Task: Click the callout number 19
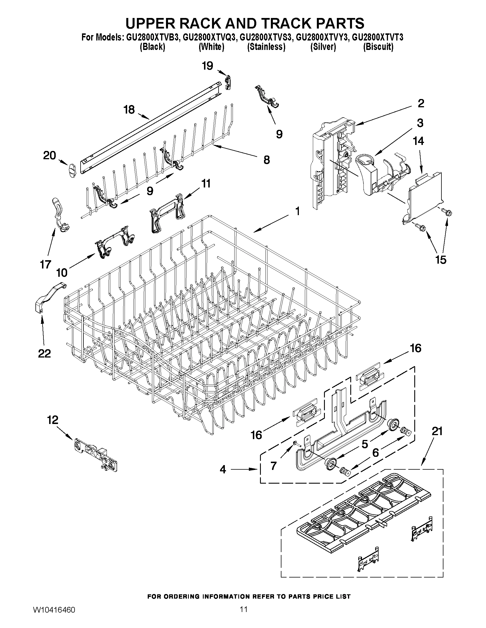(x=207, y=66)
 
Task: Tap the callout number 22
(x=44, y=354)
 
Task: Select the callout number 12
(x=53, y=420)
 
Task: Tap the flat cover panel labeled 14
(x=425, y=195)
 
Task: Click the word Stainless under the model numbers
(x=266, y=47)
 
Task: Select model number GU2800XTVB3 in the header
(x=152, y=37)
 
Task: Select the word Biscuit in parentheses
(x=378, y=47)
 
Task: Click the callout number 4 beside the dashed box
(x=223, y=469)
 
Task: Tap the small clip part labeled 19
(x=228, y=82)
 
